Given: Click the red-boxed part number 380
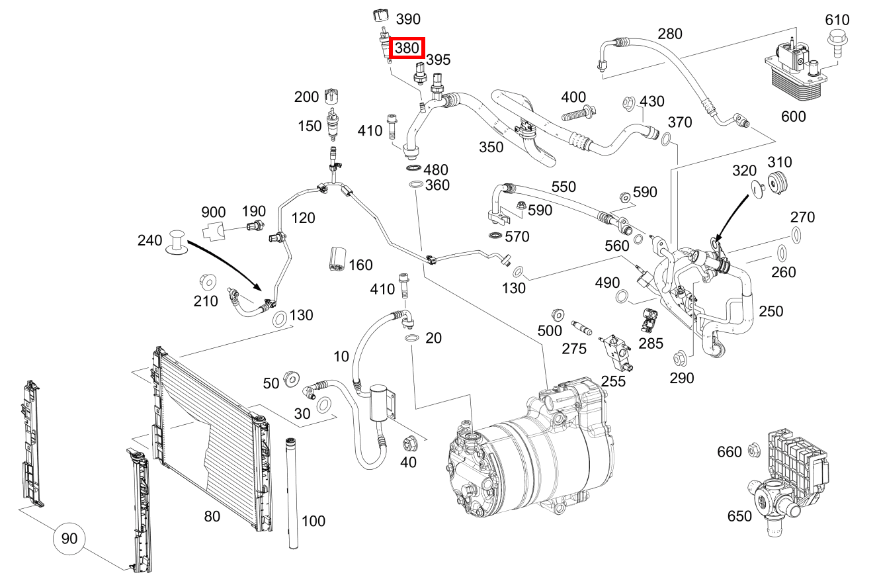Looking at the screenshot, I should click(407, 48).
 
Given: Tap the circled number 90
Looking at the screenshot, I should click(69, 539).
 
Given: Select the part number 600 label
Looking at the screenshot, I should click(793, 116).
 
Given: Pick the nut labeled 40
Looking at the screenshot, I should click(408, 443).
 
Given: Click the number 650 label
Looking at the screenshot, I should click(739, 516).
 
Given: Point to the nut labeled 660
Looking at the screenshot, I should click(753, 451).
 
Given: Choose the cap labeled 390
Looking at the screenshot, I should click(382, 15).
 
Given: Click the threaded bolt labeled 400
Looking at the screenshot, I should click(579, 114).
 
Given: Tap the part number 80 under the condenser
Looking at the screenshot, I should click(212, 516).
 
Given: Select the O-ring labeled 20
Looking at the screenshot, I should click(411, 339).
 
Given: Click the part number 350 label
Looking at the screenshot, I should click(491, 147).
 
